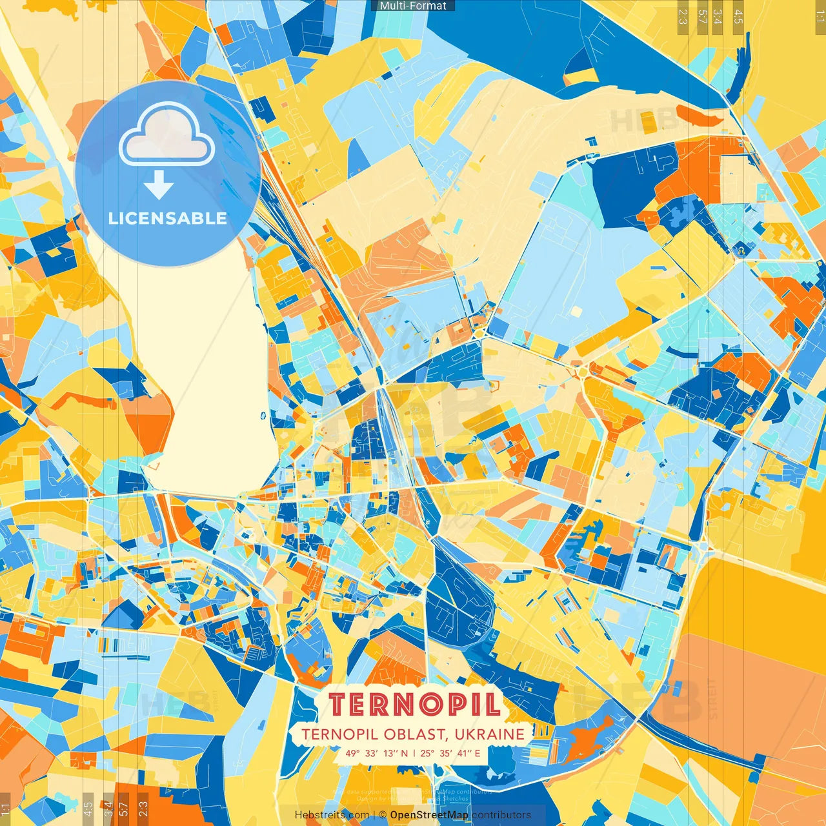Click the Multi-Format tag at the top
(413, 6)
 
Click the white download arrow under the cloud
(159, 186)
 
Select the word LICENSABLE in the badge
(168, 218)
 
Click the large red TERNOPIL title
(414, 705)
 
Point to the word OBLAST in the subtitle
(412, 734)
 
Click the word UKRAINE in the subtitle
(489, 734)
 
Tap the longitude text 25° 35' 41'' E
(450, 752)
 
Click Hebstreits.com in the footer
(332, 815)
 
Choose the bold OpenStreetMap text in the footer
(429, 815)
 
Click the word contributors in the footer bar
(501, 815)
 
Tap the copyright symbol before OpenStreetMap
(383, 815)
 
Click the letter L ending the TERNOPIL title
(492, 705)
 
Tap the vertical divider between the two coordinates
(414, 752)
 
